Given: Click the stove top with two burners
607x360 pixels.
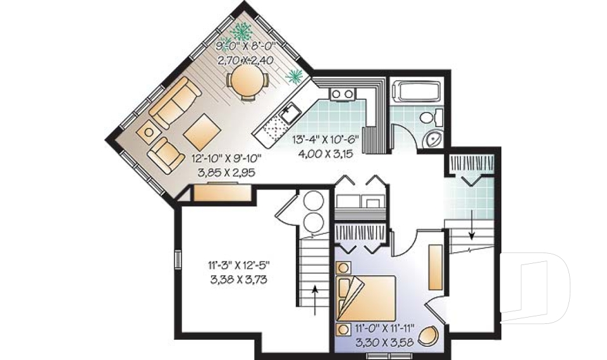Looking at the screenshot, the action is tap(342, 94).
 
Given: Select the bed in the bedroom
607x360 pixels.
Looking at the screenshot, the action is tap(366, 299).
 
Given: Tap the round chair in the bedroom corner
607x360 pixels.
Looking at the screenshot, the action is tap(429, 335).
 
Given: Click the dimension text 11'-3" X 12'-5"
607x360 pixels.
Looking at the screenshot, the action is tap(238, 266).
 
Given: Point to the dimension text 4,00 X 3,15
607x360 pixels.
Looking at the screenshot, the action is tap(326, 154).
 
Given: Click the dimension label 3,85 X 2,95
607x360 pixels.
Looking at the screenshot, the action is tap(226, 173).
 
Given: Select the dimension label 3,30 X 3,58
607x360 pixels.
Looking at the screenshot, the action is tap(384, 342).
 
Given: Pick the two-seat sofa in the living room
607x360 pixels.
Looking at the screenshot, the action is tap(175, 102).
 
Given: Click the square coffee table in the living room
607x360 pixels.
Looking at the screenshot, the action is tap(202, 132).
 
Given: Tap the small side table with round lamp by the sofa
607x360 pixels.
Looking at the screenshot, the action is tap(149, 132).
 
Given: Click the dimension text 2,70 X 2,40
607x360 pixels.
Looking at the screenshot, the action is tap(245, 60).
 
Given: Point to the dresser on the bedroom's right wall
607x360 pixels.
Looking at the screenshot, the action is tap(436, 267).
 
